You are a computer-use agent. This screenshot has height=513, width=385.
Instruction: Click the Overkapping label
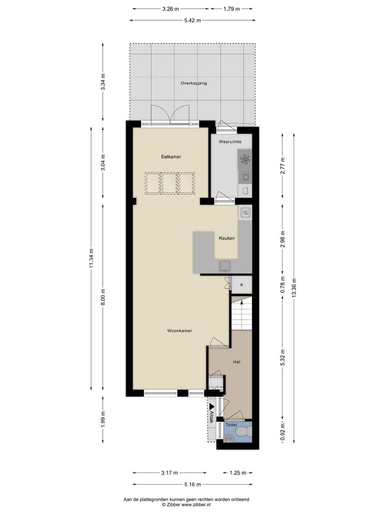(194, 83)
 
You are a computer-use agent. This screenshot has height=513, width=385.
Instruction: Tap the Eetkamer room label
(171, 157)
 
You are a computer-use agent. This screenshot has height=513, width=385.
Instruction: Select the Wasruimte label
(230, 142)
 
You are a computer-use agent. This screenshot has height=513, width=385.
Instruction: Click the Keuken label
(227, 238)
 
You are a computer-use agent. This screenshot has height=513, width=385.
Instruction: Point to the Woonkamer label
(179, 331)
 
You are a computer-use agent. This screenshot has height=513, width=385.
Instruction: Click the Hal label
(237, 362)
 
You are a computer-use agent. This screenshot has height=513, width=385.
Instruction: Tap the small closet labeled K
(242, 285)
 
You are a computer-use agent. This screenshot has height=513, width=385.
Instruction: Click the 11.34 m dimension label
(92, 259)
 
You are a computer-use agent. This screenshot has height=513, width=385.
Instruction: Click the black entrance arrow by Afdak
(212, 407)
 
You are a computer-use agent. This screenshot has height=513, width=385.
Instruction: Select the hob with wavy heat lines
(245, 213)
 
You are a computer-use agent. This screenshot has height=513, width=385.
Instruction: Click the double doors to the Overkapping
(171, 114)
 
